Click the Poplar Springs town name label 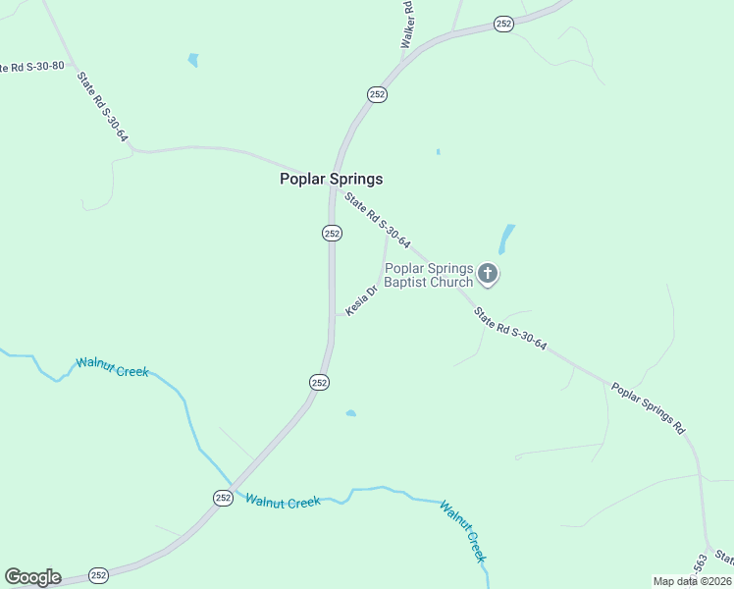click(x=331, y=179)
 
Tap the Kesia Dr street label click(x=361, y=299)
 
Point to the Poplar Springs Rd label click(x=648, y=407)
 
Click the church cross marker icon click(x=488, y=275)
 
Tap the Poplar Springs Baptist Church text click(x=429, y=275)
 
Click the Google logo click(x=32, y=577)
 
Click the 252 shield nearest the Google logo click(x=98, y=575)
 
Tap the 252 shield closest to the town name click(x=332, y=233)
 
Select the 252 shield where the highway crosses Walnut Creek click(x=223, y=498)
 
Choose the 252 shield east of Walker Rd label click(x=503, y=24)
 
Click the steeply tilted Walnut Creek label click(x=463, y=531)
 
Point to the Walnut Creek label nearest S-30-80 click(x=112, y=370)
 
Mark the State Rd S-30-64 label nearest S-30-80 click(x=103, y=108)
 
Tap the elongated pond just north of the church click(x=506, y=239)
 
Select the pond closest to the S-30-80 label click(x=193, y=61)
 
